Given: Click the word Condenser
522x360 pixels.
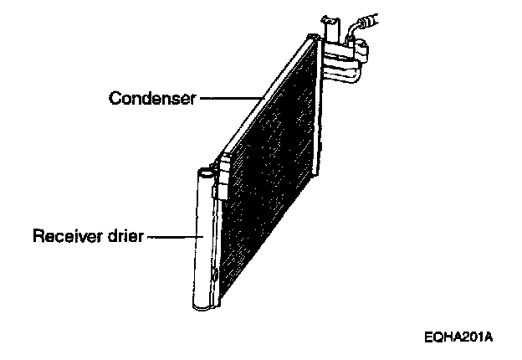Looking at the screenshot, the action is coord(152,99).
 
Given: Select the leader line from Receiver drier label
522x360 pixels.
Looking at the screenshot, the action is coord(174,237).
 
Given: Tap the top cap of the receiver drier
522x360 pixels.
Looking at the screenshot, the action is coord(207,171).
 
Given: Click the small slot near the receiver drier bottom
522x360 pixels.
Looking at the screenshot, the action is coord(215,275).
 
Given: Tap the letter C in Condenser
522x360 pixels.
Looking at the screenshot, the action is coord(115,99).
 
